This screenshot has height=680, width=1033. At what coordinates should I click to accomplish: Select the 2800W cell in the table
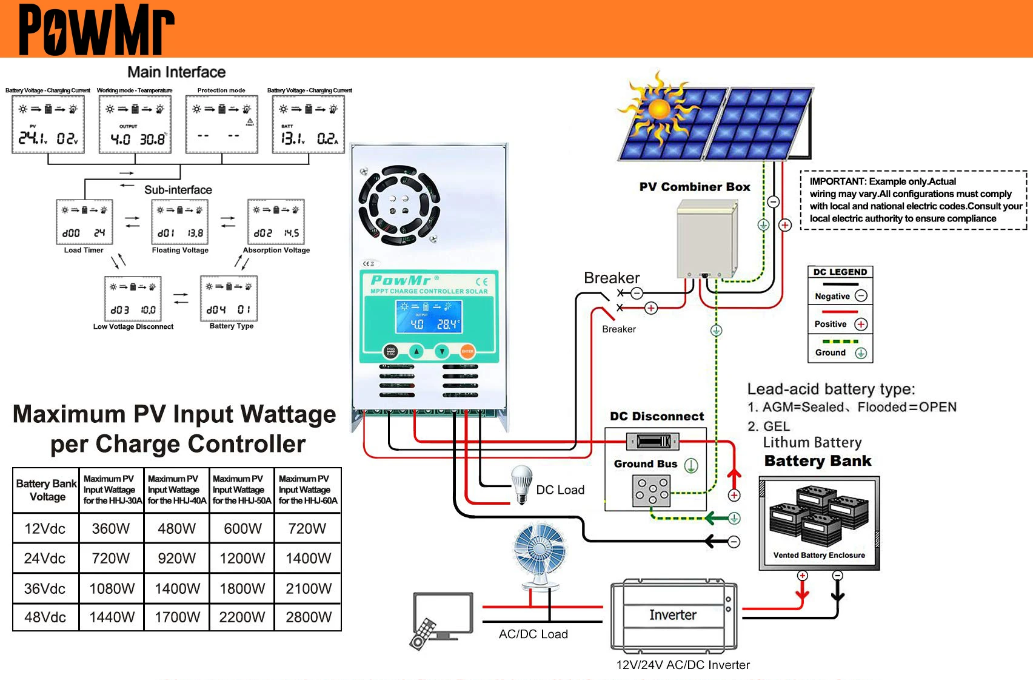[308, 617]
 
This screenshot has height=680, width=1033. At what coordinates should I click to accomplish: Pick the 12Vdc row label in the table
[45, 528]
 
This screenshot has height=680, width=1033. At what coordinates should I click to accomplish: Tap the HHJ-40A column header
[177, 490]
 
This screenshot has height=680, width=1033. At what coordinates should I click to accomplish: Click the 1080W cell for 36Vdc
[112, 588]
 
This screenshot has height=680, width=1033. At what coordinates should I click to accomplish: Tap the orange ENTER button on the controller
[467, 351]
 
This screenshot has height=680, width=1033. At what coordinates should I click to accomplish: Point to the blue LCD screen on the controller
[429, 317]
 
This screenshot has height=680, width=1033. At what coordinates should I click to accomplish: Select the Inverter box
[673, 614]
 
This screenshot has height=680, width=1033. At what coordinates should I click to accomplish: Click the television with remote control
[441, 619]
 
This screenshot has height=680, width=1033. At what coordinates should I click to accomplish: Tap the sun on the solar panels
[659, 109]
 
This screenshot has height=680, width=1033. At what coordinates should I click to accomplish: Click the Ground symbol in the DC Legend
[861, 353]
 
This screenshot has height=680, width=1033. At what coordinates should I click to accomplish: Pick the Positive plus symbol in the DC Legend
[861, 325]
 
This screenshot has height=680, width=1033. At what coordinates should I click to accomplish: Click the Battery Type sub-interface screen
[229, 298]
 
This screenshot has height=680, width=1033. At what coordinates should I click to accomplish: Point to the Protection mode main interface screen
[222, 124]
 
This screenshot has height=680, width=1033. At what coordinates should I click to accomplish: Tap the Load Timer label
[84, 250]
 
